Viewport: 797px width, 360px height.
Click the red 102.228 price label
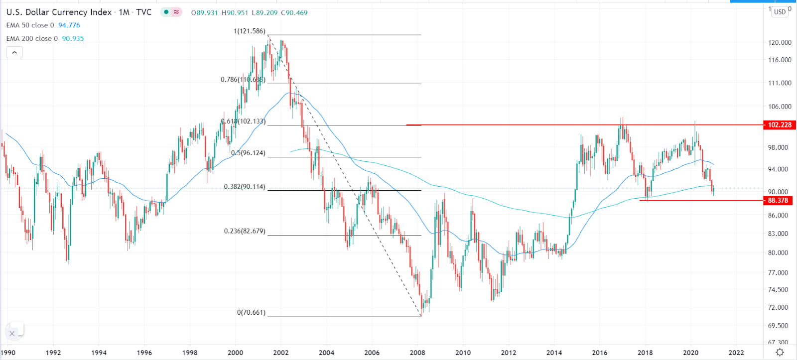[779, 125]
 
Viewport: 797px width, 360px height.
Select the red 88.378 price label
[778, 201]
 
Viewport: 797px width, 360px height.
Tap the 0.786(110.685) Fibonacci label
[243, 80]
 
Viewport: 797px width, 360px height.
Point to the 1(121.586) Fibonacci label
[250, 31]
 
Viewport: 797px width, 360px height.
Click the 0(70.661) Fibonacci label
[251, 313]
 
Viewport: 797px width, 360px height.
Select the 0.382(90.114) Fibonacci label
[245, 187]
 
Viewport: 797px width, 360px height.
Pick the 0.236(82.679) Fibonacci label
[245, 232]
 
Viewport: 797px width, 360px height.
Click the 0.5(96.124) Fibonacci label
[248, 153]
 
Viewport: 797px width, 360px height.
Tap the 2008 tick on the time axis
[417, 353]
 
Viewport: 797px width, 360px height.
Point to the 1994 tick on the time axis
[99, 353]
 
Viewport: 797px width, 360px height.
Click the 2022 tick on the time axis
[736, 353]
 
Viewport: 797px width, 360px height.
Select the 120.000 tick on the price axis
[780, 43]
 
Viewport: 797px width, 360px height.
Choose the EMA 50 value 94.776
[69, 25]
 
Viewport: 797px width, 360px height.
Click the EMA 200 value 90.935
[73, 39]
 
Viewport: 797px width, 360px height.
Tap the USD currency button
[780, 12]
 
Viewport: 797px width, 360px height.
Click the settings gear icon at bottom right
[780, 353]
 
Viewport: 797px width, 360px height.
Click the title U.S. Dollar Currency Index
[59, 12]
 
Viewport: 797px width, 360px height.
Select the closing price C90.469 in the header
[294, 13]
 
